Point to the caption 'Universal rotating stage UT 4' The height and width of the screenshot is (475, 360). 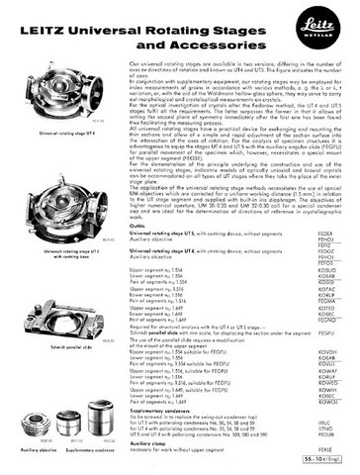[55, 131]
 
